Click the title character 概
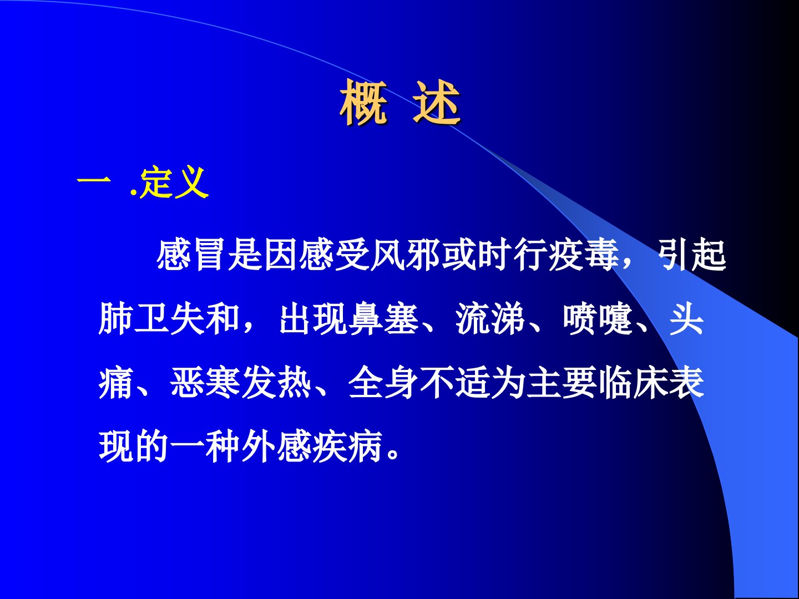point(363,102)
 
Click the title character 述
point(437,102)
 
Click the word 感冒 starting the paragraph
point(191,255)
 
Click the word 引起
point(691,255)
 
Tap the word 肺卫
point(134,319)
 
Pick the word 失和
point(205,319)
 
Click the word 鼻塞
point(383,319)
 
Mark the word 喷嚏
point(598,319)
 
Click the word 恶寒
point(205,383)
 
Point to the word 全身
point(383,383)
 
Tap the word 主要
point(562,383)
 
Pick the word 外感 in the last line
point(276,446)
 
